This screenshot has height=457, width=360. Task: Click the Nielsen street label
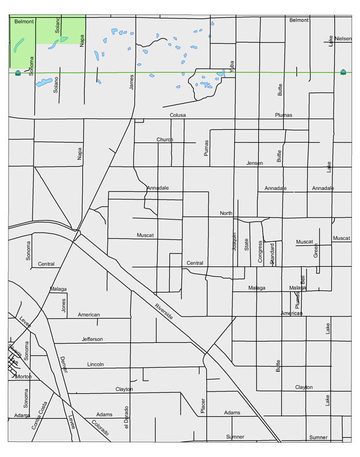(344, 38)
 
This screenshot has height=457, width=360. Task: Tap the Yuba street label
(231, 66)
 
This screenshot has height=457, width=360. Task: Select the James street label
(131, 82)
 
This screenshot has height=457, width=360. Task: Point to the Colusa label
(178, 115)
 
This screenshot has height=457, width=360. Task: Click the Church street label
(164, 140)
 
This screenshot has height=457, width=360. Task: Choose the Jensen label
(255, 163)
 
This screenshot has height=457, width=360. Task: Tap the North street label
(226, 214)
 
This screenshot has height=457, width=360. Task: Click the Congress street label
(260, 252)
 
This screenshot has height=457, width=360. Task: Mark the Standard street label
(272, 254)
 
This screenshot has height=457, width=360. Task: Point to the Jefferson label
(92, 339)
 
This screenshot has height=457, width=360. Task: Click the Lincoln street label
(95, 365)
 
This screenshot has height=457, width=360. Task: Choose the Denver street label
(64, 365)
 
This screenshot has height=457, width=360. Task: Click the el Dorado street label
(127, 419)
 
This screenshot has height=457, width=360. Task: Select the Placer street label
(203, 406)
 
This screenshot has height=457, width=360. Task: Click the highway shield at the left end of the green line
(18, 73)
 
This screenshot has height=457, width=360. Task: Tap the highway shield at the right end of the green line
(343, 72)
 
